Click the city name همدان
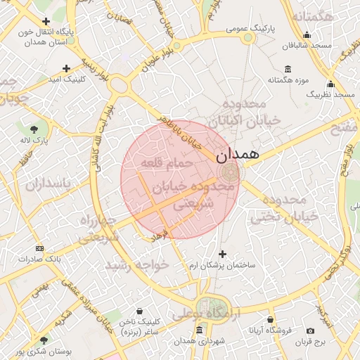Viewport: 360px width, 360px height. tap(238, 153)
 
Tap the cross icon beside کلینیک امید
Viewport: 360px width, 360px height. tap(66, 68)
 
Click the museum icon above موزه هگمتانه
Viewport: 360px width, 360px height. tap(288, 68)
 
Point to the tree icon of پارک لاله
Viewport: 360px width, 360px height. tap(34, 129)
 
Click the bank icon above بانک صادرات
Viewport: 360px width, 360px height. tap(39, 248)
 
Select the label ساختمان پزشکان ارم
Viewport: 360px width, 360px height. tap(224, 266)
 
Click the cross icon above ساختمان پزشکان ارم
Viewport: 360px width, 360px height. tap(224, 254)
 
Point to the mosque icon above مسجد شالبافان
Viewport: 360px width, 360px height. tap(307, 35)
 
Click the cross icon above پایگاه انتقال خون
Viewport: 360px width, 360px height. tap(46, 22)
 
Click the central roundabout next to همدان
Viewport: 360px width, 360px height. tap(227, 172)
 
